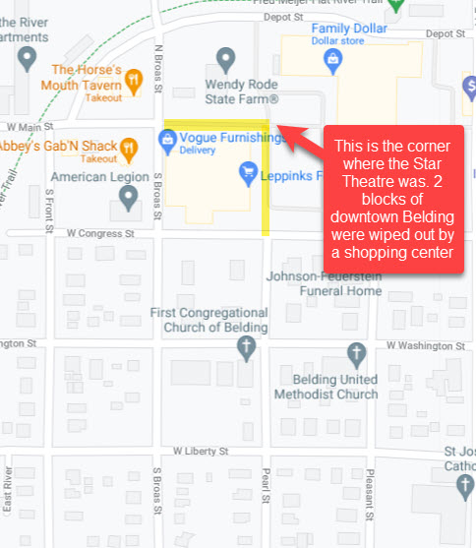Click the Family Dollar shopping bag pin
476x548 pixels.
[x=332, y=61]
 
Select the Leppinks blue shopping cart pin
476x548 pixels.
[x=249, y=173]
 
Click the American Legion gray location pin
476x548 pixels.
[x=128, y=199]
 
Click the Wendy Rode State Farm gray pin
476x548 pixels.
[x=226, y=59]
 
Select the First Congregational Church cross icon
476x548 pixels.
[x=248, y=346]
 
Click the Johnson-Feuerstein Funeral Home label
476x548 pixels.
[x=325, y=283]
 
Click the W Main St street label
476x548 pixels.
[x=27, y=127]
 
